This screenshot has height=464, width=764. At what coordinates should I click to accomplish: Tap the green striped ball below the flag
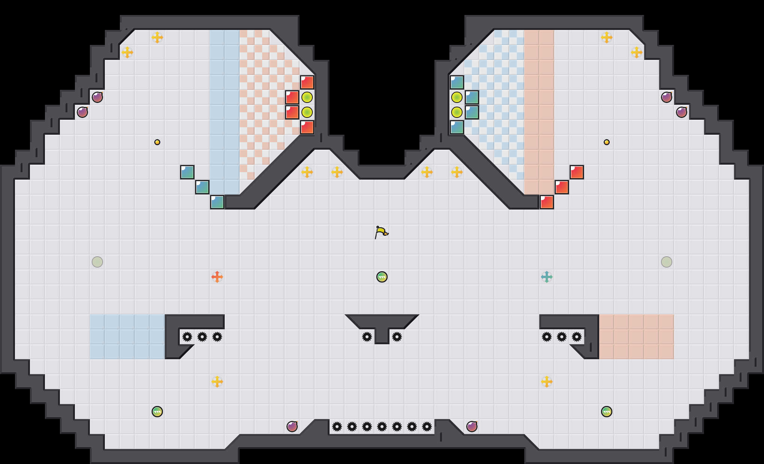click(382, 277)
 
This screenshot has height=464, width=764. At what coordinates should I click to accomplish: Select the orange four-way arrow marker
click(217, 277)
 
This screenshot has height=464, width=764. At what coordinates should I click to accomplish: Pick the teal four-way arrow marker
click(547, 277)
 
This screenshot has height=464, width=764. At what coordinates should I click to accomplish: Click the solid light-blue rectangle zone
click(127, 337)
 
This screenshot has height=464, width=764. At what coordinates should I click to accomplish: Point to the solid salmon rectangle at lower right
click(637, 337)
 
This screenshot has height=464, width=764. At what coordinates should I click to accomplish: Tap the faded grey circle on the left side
click(97, 262)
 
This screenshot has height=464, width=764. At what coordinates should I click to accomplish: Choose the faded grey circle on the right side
click(667, 262)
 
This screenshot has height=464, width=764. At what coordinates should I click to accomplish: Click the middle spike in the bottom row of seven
click(382, 427)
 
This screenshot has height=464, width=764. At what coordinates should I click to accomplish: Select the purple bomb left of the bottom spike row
click(292, 427)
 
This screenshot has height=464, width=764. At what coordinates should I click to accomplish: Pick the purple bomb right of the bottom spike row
click(472, 427)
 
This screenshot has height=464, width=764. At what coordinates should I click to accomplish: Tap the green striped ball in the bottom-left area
click(157, 412)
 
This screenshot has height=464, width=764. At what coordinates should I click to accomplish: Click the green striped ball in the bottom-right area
click(607, 412)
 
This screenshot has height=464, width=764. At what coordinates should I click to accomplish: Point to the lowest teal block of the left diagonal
click(217, 202)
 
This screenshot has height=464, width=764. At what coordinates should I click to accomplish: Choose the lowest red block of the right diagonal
click(547, 202)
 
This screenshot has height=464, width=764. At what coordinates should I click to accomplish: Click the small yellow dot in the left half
click(157, 142)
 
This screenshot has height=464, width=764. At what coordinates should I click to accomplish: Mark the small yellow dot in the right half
click(607, 142)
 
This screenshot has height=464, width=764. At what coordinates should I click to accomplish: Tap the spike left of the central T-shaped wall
click(367, 337)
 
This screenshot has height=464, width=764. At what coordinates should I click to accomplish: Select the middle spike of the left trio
click(202, 337)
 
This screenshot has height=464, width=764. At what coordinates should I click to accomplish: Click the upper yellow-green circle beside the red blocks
click(307, 97)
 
